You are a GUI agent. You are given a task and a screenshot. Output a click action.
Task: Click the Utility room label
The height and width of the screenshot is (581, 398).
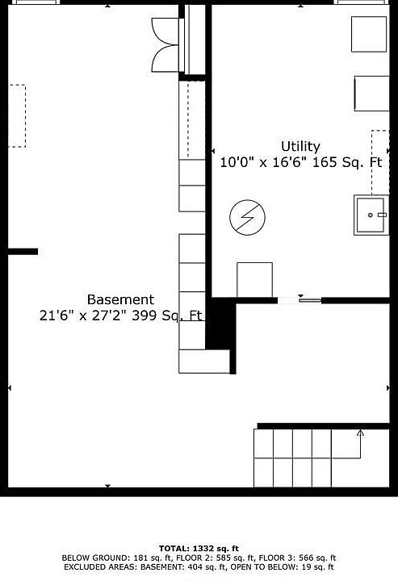(300, 146)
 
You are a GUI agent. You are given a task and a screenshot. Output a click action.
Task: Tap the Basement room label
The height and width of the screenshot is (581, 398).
(120, 299)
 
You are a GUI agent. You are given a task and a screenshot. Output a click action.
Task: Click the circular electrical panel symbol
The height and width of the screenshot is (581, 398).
(247, 218)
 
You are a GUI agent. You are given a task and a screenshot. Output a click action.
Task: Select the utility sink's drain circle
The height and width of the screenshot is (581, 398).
(370, 215)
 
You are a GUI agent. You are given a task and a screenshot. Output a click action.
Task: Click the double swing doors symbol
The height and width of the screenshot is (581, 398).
(165, 45)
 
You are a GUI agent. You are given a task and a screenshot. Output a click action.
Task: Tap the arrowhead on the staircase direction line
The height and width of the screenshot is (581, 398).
(360, 433)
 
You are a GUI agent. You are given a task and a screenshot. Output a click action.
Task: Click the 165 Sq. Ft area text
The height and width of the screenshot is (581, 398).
(347, 162)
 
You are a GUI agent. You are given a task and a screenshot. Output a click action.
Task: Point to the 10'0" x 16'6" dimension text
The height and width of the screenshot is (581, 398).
(263, 162)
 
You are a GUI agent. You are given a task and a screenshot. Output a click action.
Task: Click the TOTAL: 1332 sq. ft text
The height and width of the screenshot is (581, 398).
(199, 549)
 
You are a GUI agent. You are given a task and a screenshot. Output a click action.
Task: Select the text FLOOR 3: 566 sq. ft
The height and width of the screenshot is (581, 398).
(297, 558)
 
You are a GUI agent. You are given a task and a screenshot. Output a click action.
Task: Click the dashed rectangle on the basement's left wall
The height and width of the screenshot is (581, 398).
(17, 116)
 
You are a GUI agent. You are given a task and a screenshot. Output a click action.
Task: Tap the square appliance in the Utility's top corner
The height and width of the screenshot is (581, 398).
(369, 34)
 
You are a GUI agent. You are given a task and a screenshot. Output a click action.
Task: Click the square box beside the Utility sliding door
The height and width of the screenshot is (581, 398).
(254, 280)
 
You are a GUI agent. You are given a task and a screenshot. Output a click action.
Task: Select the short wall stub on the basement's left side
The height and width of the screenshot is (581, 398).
(23, 252)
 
